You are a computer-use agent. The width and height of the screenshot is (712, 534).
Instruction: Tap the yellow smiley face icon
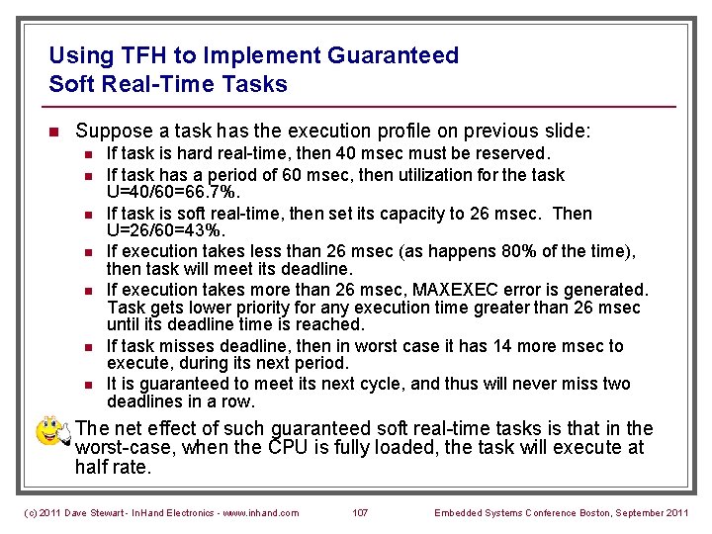click(x=50, y=431)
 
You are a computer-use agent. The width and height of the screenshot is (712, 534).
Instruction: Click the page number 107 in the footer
click(x=360, y=512)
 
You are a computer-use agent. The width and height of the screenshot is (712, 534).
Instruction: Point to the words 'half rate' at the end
click(x=113, y=467)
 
